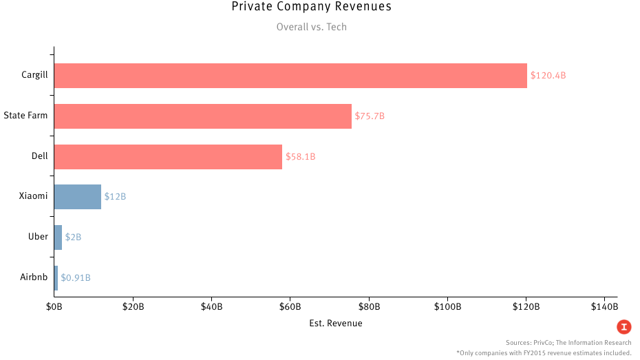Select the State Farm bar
click(202, 116)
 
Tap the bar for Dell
click(168, 156)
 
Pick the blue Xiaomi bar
click(78, 197)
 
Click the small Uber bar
click(58, 237)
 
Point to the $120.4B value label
click(548, 76)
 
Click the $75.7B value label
click(370, 116)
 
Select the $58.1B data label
click(300, 156)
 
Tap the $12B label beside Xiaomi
click(115, 197)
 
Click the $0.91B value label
click(76, 277)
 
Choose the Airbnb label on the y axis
click(34, 277)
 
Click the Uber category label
click(38, 237)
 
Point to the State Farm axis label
click(25, 116)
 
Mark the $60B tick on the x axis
click(290, 306)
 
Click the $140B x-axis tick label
click(605, 306)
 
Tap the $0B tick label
click(54, 306)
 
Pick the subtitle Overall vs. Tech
click(312, 28)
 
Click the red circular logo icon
click(623, 327)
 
